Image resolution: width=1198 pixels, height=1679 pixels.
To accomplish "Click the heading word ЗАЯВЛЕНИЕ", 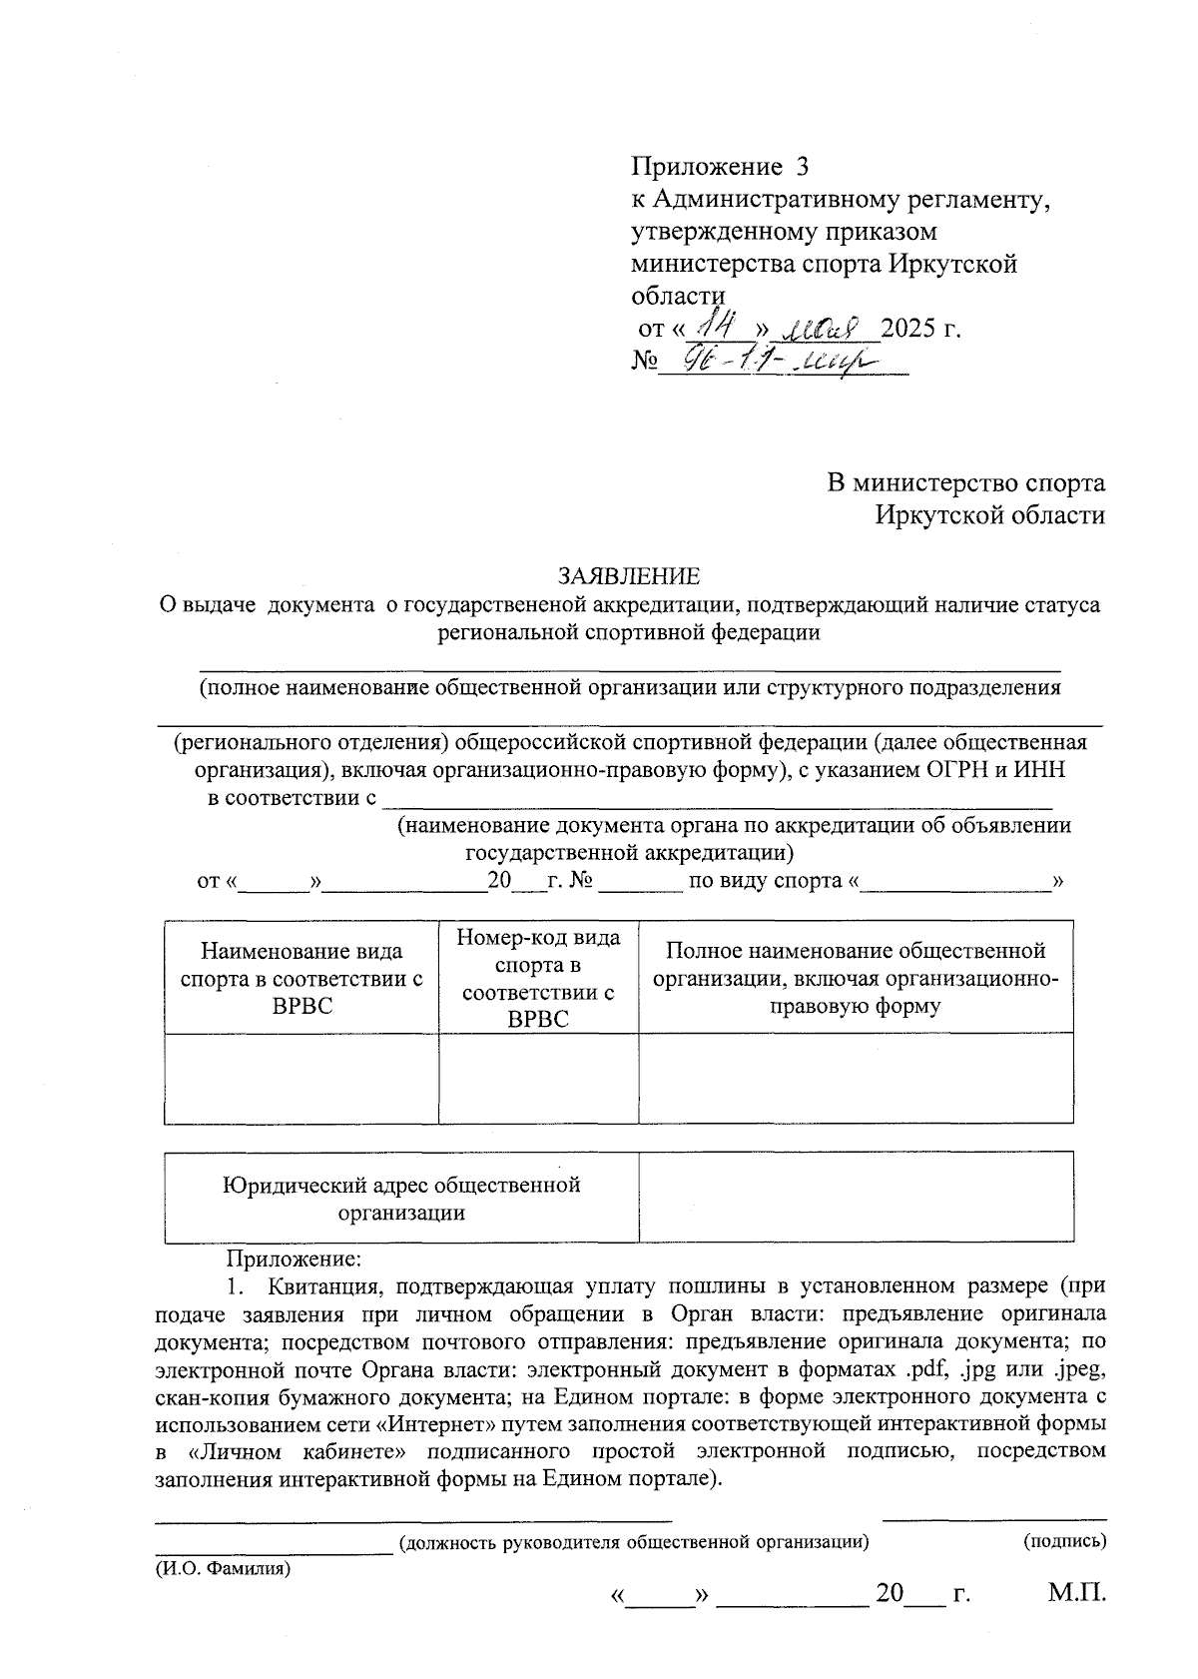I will pyautogui.click(x=628, y=576).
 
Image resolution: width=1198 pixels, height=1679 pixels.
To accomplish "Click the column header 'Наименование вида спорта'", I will pyautogui.click(x=301, y=978).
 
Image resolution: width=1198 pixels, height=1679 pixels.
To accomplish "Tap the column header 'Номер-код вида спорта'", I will pyautogui.click(x=538, y=978).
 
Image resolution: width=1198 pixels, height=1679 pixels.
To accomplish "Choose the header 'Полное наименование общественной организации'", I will pyautogui.click(x=856, y=978).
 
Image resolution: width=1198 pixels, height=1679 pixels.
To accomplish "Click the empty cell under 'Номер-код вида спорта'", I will pyautogui.click(x=538, y=1078).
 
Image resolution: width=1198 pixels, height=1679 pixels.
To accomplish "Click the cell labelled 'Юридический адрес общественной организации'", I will pyautogui.click(x=401, y=1198).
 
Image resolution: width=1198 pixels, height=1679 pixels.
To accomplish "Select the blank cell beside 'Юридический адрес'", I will pyautogui.click(x=856, y=1197).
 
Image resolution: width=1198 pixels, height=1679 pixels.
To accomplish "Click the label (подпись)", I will pyautogui.click(x=1065, y=1540).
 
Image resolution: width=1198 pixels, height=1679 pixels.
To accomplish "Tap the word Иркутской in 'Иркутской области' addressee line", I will pyautogui.click(x=939, y=515).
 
